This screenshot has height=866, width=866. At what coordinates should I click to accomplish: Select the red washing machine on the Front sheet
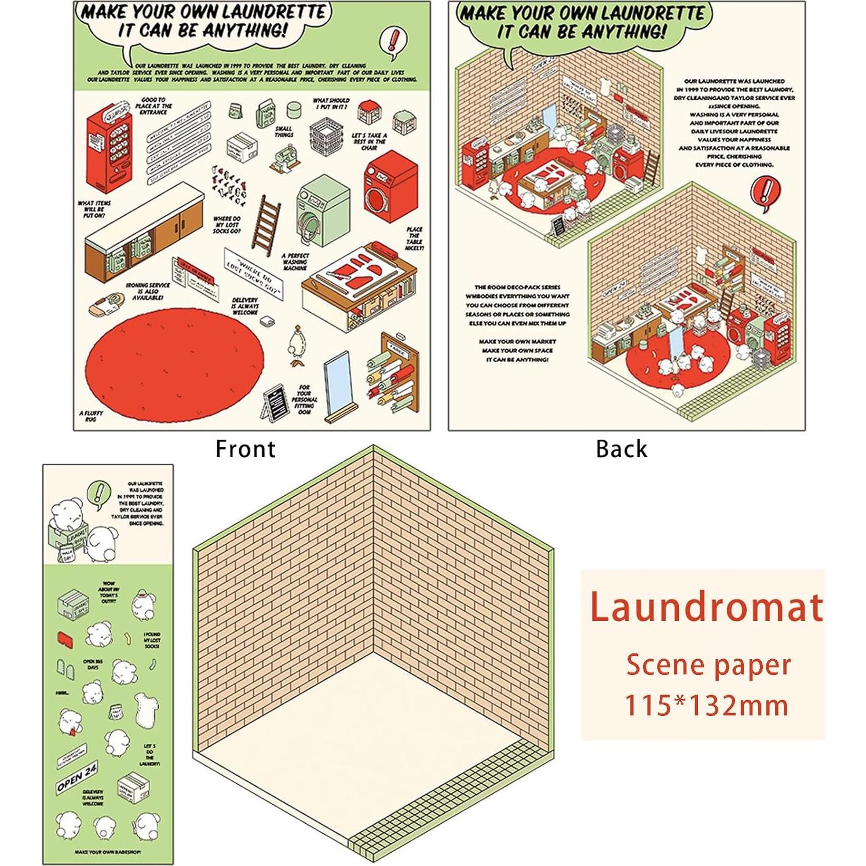(x=390, y=186)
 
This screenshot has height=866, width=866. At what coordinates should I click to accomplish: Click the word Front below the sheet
(x=245, y=449)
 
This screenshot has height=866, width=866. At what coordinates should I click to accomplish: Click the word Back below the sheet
(x=621, y=449)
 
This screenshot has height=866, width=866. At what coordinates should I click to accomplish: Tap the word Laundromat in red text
(x=706, y=607)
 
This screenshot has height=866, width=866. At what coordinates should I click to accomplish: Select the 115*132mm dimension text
(x=706, y=706)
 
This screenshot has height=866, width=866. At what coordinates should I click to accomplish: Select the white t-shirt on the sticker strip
(x=145, y=708)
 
